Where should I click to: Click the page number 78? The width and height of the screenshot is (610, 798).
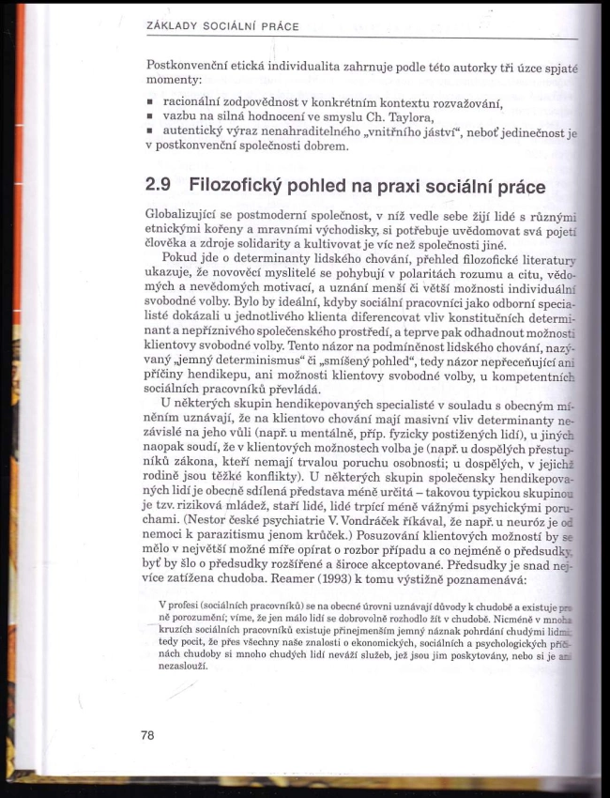147,735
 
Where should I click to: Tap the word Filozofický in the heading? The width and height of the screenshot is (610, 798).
246,186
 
